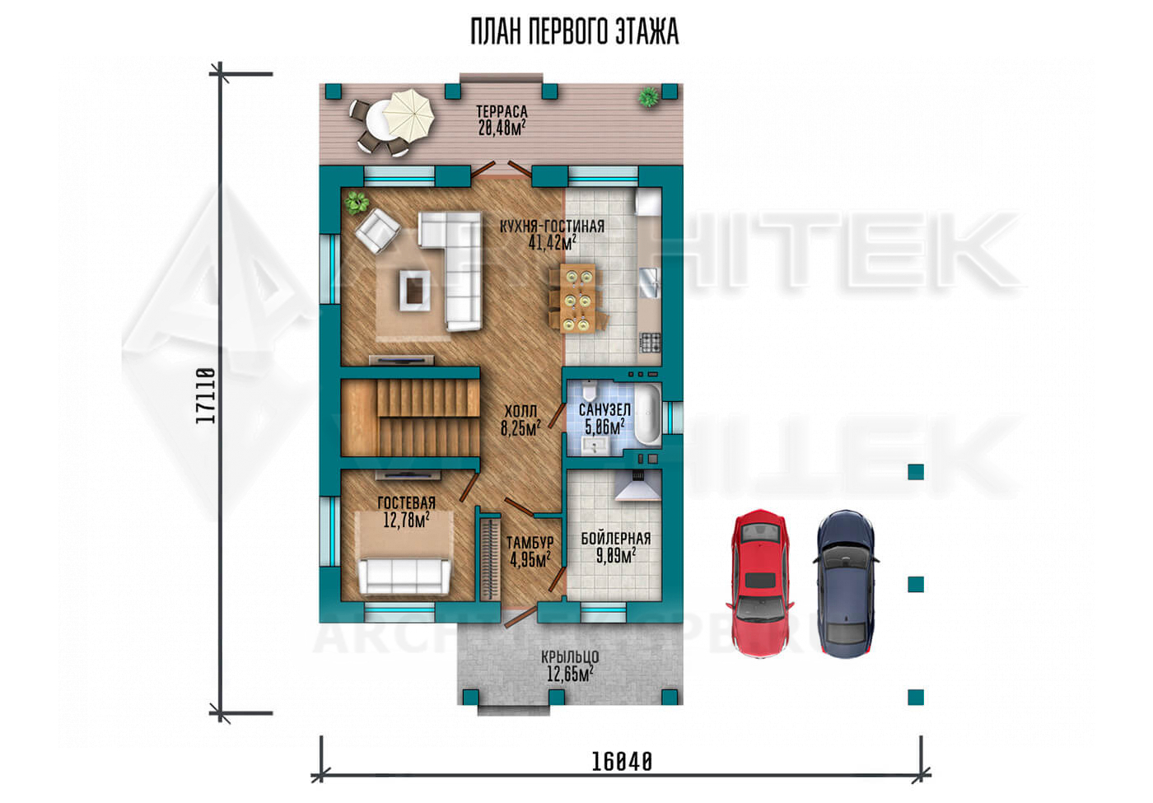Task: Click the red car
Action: [x=759, y=583]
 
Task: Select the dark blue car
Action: [x=846, y=583]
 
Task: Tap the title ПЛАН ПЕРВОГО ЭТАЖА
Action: [x=575, y=31]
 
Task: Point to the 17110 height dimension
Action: [x=205, y=395]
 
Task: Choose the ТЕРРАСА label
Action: [x=502, y=111]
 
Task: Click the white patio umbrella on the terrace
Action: [x=409, y=116]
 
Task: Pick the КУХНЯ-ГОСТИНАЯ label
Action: [x=552, y=226]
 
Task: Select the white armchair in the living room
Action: [x=377, y=231]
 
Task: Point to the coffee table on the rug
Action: [x=414, y=291]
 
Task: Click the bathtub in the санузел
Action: [x=647, y=413]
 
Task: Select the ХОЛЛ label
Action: [x=520, y=411]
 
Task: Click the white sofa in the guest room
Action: [x=404, y=577]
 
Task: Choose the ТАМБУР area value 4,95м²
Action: [x=530, y=559]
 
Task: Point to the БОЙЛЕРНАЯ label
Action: [x=616, y=539]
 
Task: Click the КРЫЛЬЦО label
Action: [x=570, y=657]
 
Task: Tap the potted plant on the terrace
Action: [x=649, y=97]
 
